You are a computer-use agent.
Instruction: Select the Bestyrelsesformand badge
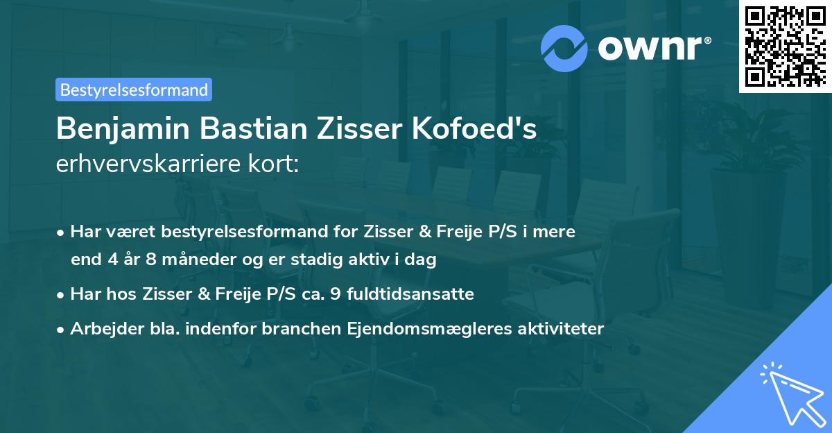pos(134,90)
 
